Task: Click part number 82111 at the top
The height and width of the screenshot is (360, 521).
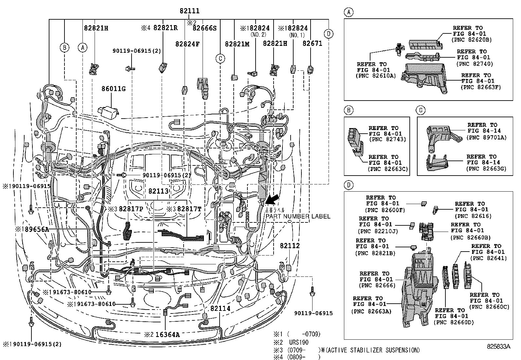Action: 189,11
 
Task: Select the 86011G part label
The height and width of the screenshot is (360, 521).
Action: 113,89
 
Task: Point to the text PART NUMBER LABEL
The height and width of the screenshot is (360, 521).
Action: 298,217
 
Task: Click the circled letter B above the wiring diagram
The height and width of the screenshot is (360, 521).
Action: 65,47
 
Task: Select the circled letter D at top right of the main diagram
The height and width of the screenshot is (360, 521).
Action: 329,33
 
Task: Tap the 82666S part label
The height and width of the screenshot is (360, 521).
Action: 205,28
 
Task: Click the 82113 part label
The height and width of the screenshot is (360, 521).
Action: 158,191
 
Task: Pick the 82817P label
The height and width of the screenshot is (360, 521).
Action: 131,209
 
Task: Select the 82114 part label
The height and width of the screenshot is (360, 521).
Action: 220,309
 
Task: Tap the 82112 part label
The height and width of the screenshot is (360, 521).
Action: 290,246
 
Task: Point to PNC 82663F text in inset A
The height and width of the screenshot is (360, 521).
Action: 480,87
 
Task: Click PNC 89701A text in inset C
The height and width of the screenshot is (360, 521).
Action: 486,138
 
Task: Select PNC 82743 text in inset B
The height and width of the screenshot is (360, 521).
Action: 387,139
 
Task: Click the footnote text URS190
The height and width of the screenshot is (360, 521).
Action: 299,342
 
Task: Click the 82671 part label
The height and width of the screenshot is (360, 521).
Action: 312,43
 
